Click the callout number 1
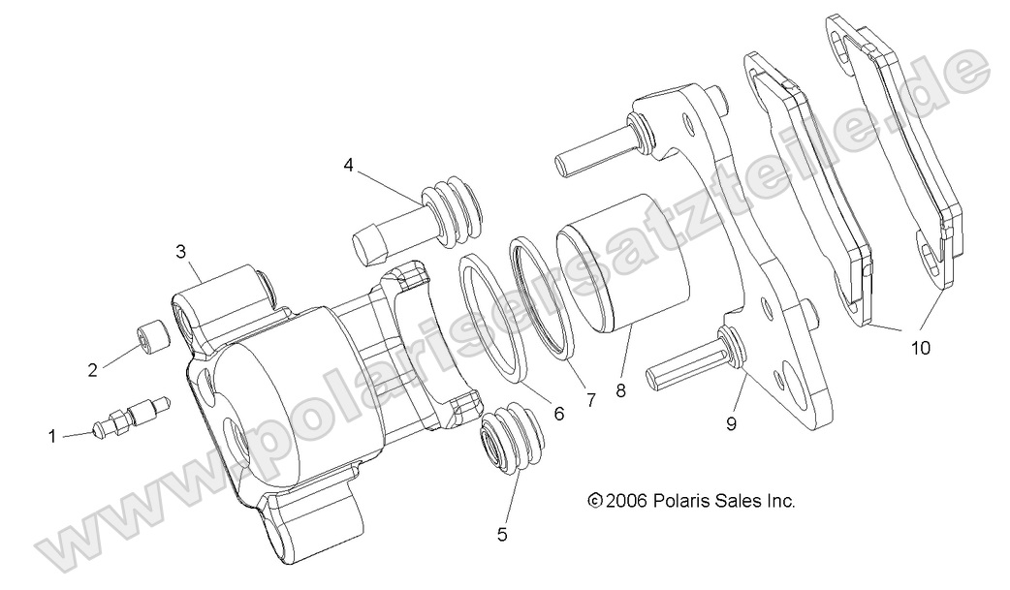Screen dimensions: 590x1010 [x=52, y=437]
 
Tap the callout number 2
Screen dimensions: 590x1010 [x=93, y=369]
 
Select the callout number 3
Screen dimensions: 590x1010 [x=181, y=252]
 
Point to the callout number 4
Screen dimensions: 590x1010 [x=347, y=165]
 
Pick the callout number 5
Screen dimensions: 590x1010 [x=502, y=532]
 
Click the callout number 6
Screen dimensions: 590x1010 [x=557, y=412]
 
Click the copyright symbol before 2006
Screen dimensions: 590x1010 [x=595, y=501]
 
